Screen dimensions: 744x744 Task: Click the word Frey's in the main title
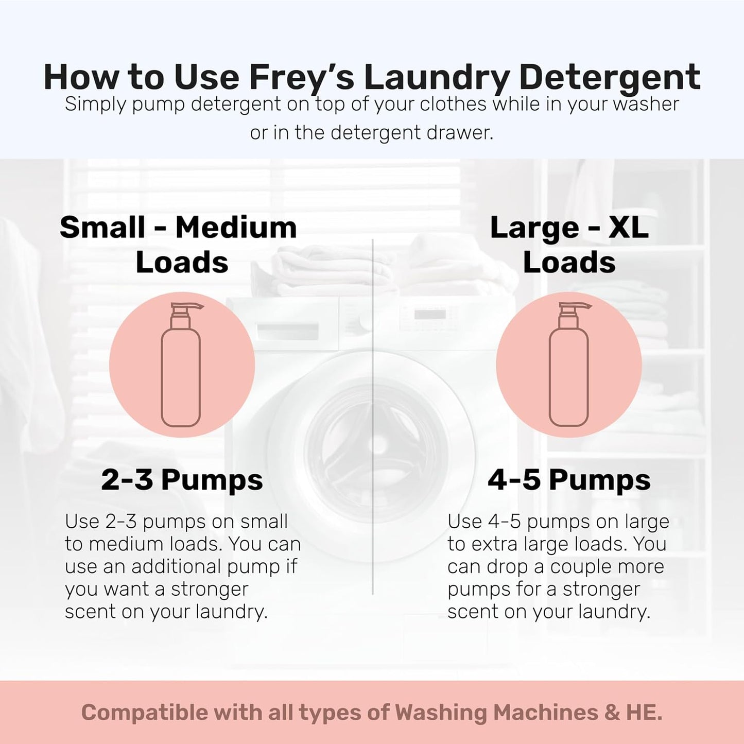302,77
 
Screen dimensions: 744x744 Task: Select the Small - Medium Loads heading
179,245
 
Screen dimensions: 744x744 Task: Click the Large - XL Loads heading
569,245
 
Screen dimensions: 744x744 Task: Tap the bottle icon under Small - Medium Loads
181,366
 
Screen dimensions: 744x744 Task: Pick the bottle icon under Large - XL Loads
569,366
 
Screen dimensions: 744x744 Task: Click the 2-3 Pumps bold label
182,480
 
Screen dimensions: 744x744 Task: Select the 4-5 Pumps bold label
569,480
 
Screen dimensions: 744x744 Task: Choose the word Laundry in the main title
436,77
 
